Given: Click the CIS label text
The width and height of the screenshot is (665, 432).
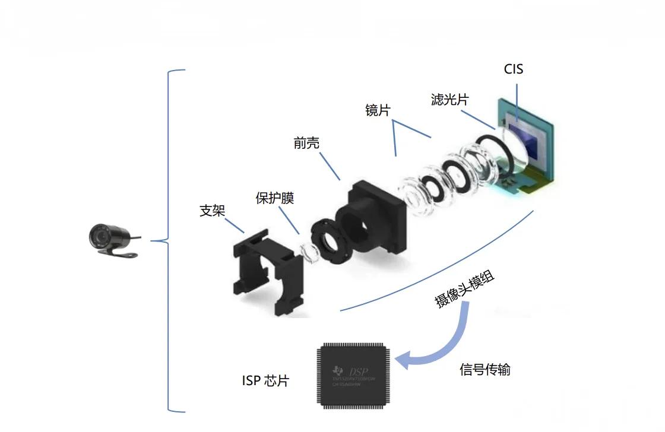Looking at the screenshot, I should [514, 69].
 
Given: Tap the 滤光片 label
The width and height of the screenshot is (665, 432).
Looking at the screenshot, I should [449, 99].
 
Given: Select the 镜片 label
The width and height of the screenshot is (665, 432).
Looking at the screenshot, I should [378, 110].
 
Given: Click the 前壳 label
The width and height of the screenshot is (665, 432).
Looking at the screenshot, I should [306, 142].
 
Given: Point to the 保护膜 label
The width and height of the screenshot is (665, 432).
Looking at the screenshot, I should [275, 198].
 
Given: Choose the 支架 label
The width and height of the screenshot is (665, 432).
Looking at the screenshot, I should [213, 210].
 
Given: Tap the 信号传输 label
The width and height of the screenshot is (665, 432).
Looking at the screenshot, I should [485, 370].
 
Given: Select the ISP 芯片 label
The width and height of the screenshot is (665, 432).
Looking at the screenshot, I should [265, 380].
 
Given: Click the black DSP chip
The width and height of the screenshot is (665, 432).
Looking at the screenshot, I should [354, 375].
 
